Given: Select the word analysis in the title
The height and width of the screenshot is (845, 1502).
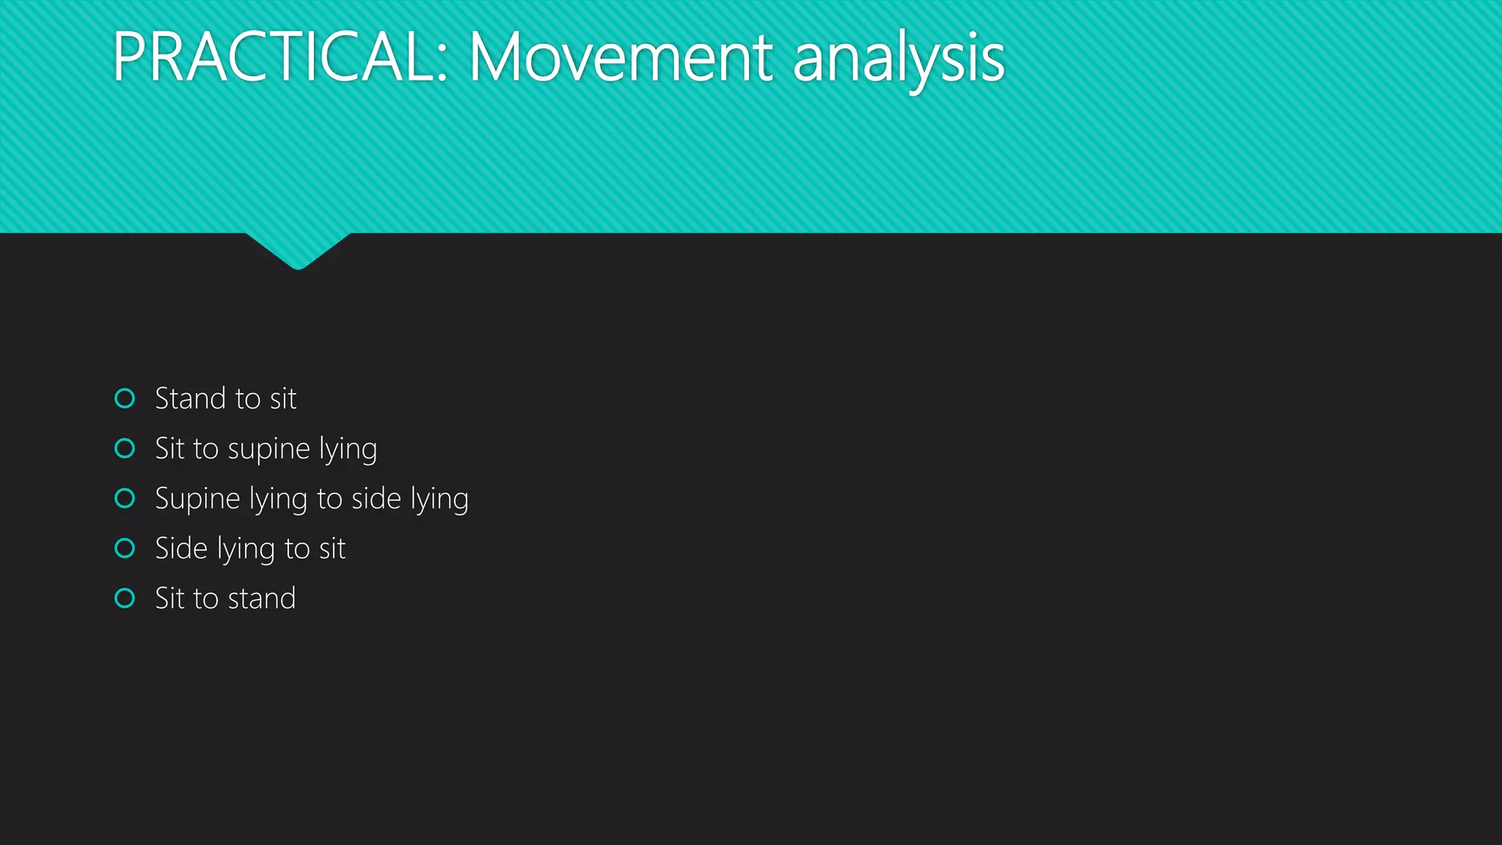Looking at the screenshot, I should point(898,59).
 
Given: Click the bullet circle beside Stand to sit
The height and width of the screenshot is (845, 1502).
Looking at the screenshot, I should point(125,398).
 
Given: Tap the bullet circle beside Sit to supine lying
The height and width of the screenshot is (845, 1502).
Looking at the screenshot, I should point(125,448).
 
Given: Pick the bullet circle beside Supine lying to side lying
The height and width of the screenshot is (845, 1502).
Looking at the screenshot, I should point(125,499).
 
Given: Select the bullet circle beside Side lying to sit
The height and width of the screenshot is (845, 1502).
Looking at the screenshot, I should point(125,548).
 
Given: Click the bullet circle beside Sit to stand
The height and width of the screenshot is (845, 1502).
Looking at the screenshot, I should point(125,599).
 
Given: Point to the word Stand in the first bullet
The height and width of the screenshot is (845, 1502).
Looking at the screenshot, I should point(191,398).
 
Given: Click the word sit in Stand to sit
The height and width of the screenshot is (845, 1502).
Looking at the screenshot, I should point(283,398).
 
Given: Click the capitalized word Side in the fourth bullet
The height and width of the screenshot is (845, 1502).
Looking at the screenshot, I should point(181,549).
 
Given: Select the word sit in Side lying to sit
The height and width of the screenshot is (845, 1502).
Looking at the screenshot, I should point(332,549).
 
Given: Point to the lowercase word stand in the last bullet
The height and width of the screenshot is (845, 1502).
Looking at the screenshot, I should point(262,599).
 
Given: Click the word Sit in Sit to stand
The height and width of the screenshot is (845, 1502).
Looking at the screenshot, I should point(170,599).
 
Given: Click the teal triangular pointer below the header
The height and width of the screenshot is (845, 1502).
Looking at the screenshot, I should point(298,249).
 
